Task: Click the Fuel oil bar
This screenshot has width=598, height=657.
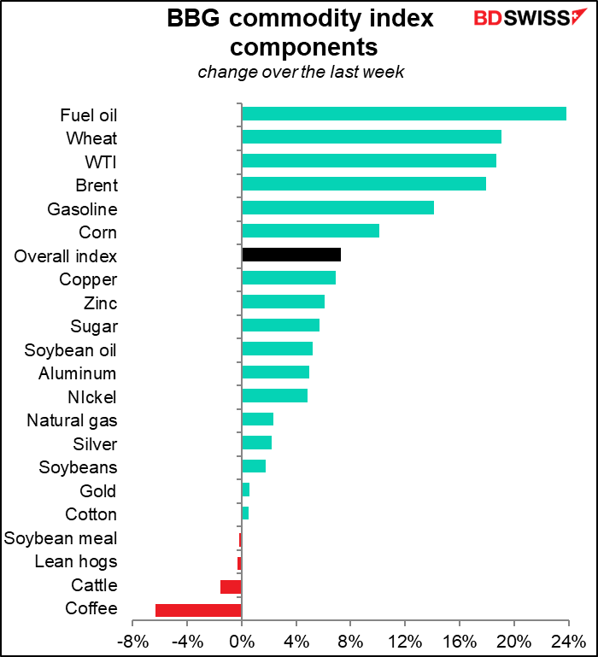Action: tap(404, 114)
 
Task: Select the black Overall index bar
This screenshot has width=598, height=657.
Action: tap(291, 255)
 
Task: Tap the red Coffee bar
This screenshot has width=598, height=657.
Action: tap(198, 609)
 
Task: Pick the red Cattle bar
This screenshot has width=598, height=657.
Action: tap(231, 586)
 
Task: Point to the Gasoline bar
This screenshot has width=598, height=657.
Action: tap(337, 208)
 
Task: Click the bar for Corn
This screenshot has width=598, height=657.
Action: tap(310, 232)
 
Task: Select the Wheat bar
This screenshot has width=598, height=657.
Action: tap(372, 138)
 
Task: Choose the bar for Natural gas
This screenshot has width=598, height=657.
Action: tap(257, 419)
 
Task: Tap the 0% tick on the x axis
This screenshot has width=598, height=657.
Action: tap(242, 641)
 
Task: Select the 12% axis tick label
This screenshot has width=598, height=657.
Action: tap(405, 641)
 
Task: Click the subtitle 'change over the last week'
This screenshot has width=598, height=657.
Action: tap(301, 72)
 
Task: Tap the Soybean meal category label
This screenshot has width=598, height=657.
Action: tap(61, 538)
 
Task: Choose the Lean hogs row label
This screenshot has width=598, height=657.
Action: tap(75, 561)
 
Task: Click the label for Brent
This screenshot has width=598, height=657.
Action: tap(97, 185)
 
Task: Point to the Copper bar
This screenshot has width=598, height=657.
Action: tap(289, 279)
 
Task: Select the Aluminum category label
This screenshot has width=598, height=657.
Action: tap(78, 373)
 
